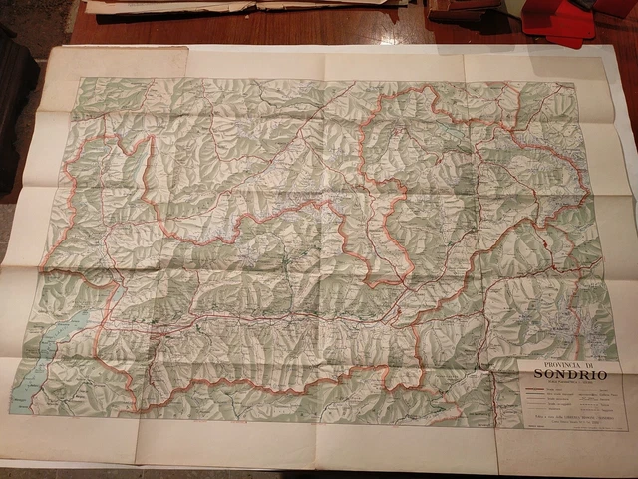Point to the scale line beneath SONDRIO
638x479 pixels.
(568, 382)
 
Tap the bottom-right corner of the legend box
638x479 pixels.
(628, 430)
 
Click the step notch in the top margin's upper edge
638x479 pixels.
(187, 48)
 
